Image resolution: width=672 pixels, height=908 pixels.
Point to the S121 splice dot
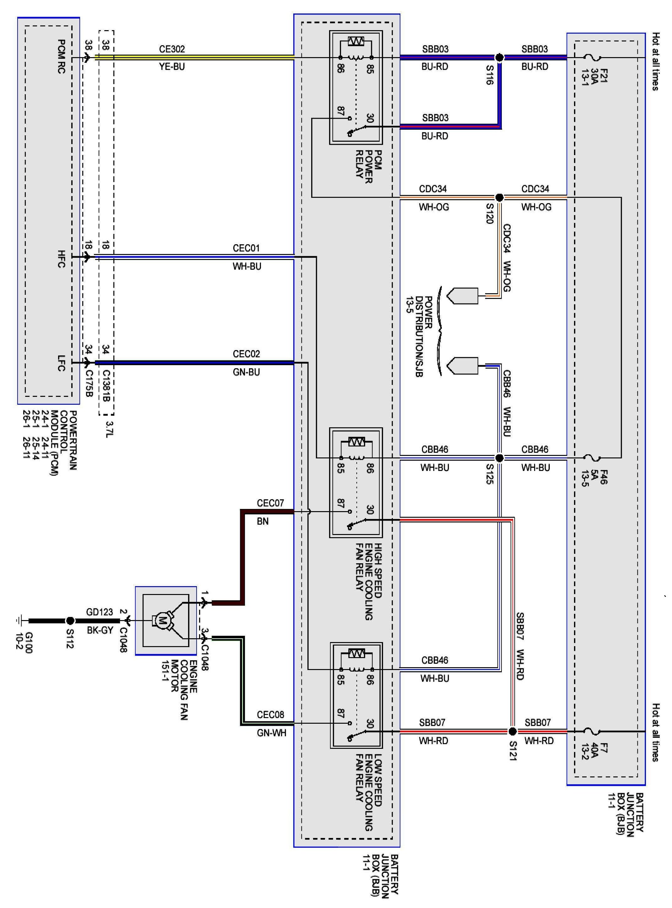[x=512, y=732]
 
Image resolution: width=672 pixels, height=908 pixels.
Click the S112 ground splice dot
[x=70, y=621]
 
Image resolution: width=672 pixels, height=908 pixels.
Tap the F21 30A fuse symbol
[x=592, y=57]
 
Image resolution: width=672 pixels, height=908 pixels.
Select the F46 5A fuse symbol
[x=592, y=458]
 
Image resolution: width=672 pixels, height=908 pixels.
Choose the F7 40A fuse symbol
[x=592, y=732]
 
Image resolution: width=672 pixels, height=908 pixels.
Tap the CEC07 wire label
[x=270, y=503]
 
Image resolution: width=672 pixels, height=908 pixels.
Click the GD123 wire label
[x=99, y=612]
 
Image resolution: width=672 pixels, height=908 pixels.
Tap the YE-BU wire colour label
[x=172, y=67]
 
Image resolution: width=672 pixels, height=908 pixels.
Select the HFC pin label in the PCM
[x=61, y=259]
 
